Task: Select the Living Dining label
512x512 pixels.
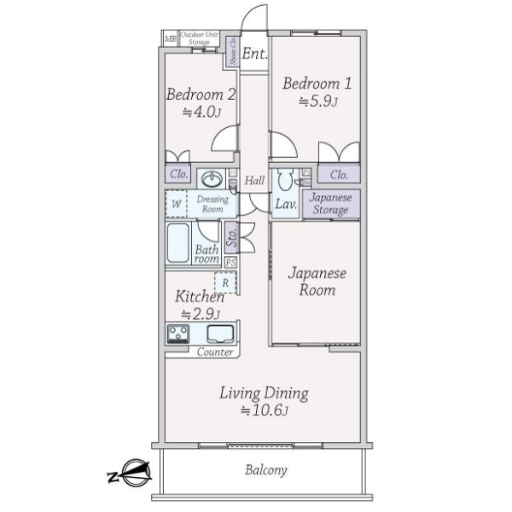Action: pyautogui.click(x=263, y=393)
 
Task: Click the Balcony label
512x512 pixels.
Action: pyautogui.click(x=265, y=470)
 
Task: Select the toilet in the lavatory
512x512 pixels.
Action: pyautogui.click(x=284, y=180)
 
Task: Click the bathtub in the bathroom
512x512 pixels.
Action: pyautogui.click(x=178, y=242)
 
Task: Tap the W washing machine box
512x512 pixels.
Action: pyautogui.click(x=176, y=204)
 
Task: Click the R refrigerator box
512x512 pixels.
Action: pyautogui.click(x=225, y=282)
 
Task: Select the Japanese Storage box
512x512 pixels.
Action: pyautogui.click(x=329, y=205)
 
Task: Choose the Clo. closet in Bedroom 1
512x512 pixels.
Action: pyautogui.click(x=339, y=175)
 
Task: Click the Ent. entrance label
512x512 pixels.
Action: pyautogui.click(x=254, y=54)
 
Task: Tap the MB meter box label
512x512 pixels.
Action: pyautogui.click(x=170, y=38)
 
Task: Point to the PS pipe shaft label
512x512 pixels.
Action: pyautogui.click(x=230, y=262)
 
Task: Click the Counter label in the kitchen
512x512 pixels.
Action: pyautogui.click(x=215, y=352)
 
